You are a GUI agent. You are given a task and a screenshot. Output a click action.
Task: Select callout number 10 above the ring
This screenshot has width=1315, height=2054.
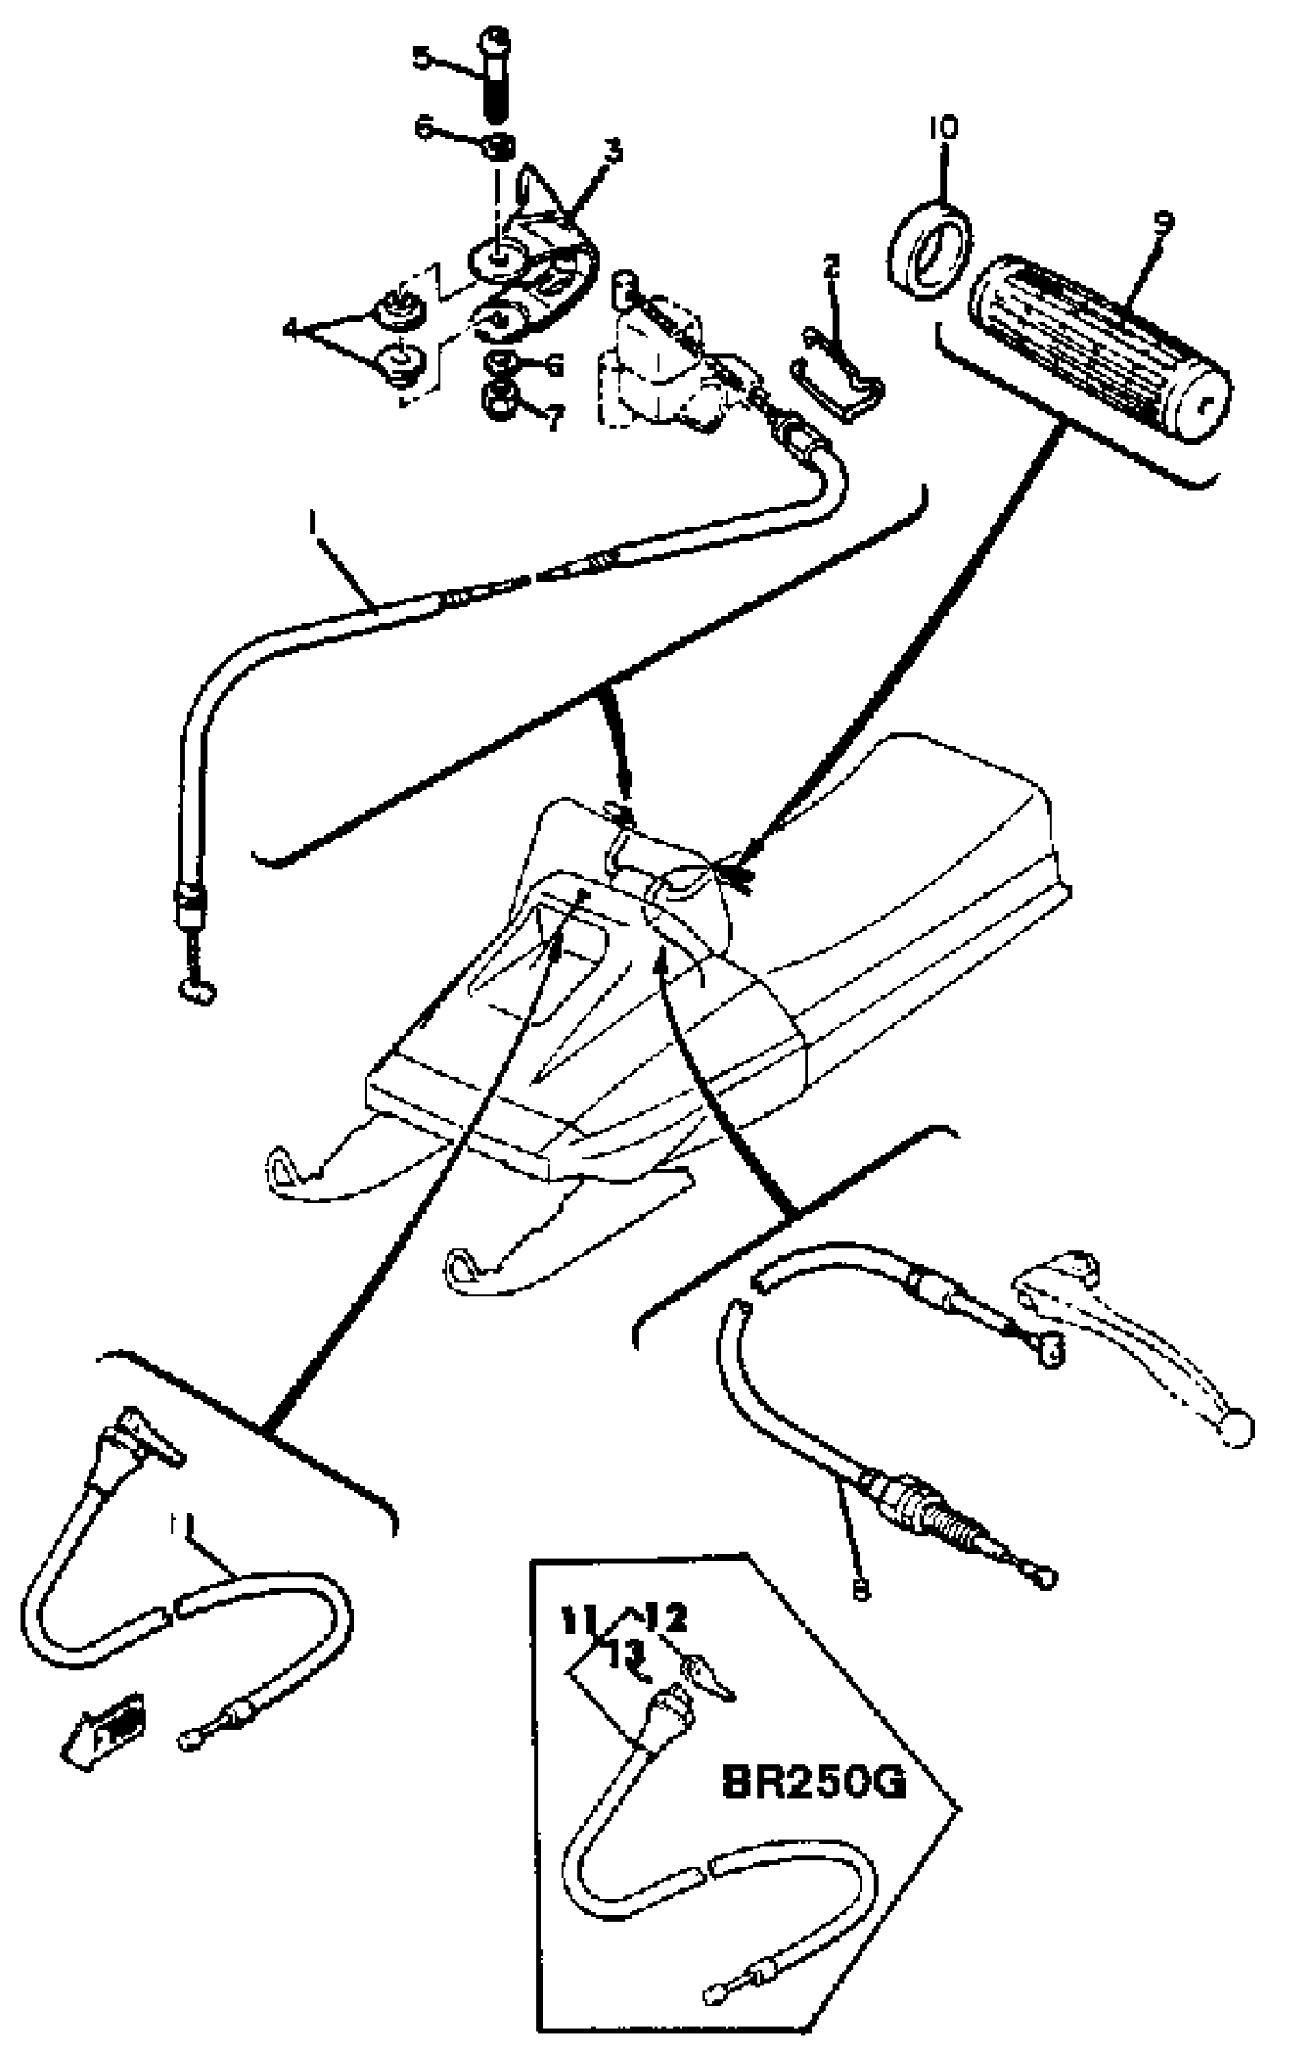tap(944, 128)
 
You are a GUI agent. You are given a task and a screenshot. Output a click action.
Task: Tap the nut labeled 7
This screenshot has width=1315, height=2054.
tap(497, 400)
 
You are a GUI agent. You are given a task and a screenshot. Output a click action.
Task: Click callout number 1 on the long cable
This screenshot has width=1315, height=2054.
tap(313, 520)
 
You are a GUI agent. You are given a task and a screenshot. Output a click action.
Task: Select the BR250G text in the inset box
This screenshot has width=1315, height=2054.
tap(813, 1783)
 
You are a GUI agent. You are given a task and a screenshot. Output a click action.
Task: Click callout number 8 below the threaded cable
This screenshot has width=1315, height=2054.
tap(861, 1588)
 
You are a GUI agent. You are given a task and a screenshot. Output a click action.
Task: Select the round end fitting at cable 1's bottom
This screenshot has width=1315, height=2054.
tap(196, 991)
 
